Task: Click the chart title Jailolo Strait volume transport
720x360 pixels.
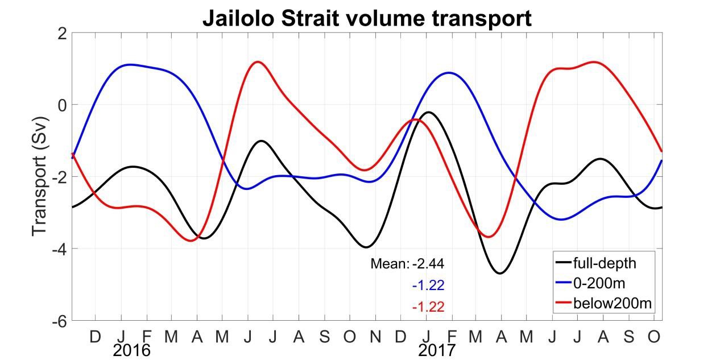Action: pos(367,18)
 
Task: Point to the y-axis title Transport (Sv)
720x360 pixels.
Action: pos(40,177)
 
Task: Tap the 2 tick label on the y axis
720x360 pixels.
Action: pos(61,34)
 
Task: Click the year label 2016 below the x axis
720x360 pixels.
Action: pos(131,350)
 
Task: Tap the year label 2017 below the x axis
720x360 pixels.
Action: pos(437,350)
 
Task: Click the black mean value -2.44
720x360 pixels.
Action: pos(428,264)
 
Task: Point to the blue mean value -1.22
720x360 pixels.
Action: pos(428,285)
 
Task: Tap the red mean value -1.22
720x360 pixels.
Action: pos(428,307)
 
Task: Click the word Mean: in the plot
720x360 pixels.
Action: pos(390,264)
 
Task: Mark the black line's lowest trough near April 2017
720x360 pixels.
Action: pos(500,273)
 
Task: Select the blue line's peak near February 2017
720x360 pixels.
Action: pos(449,73)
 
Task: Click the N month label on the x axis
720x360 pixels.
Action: pos(375,337)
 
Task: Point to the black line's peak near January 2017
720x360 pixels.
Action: pos(428,112)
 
